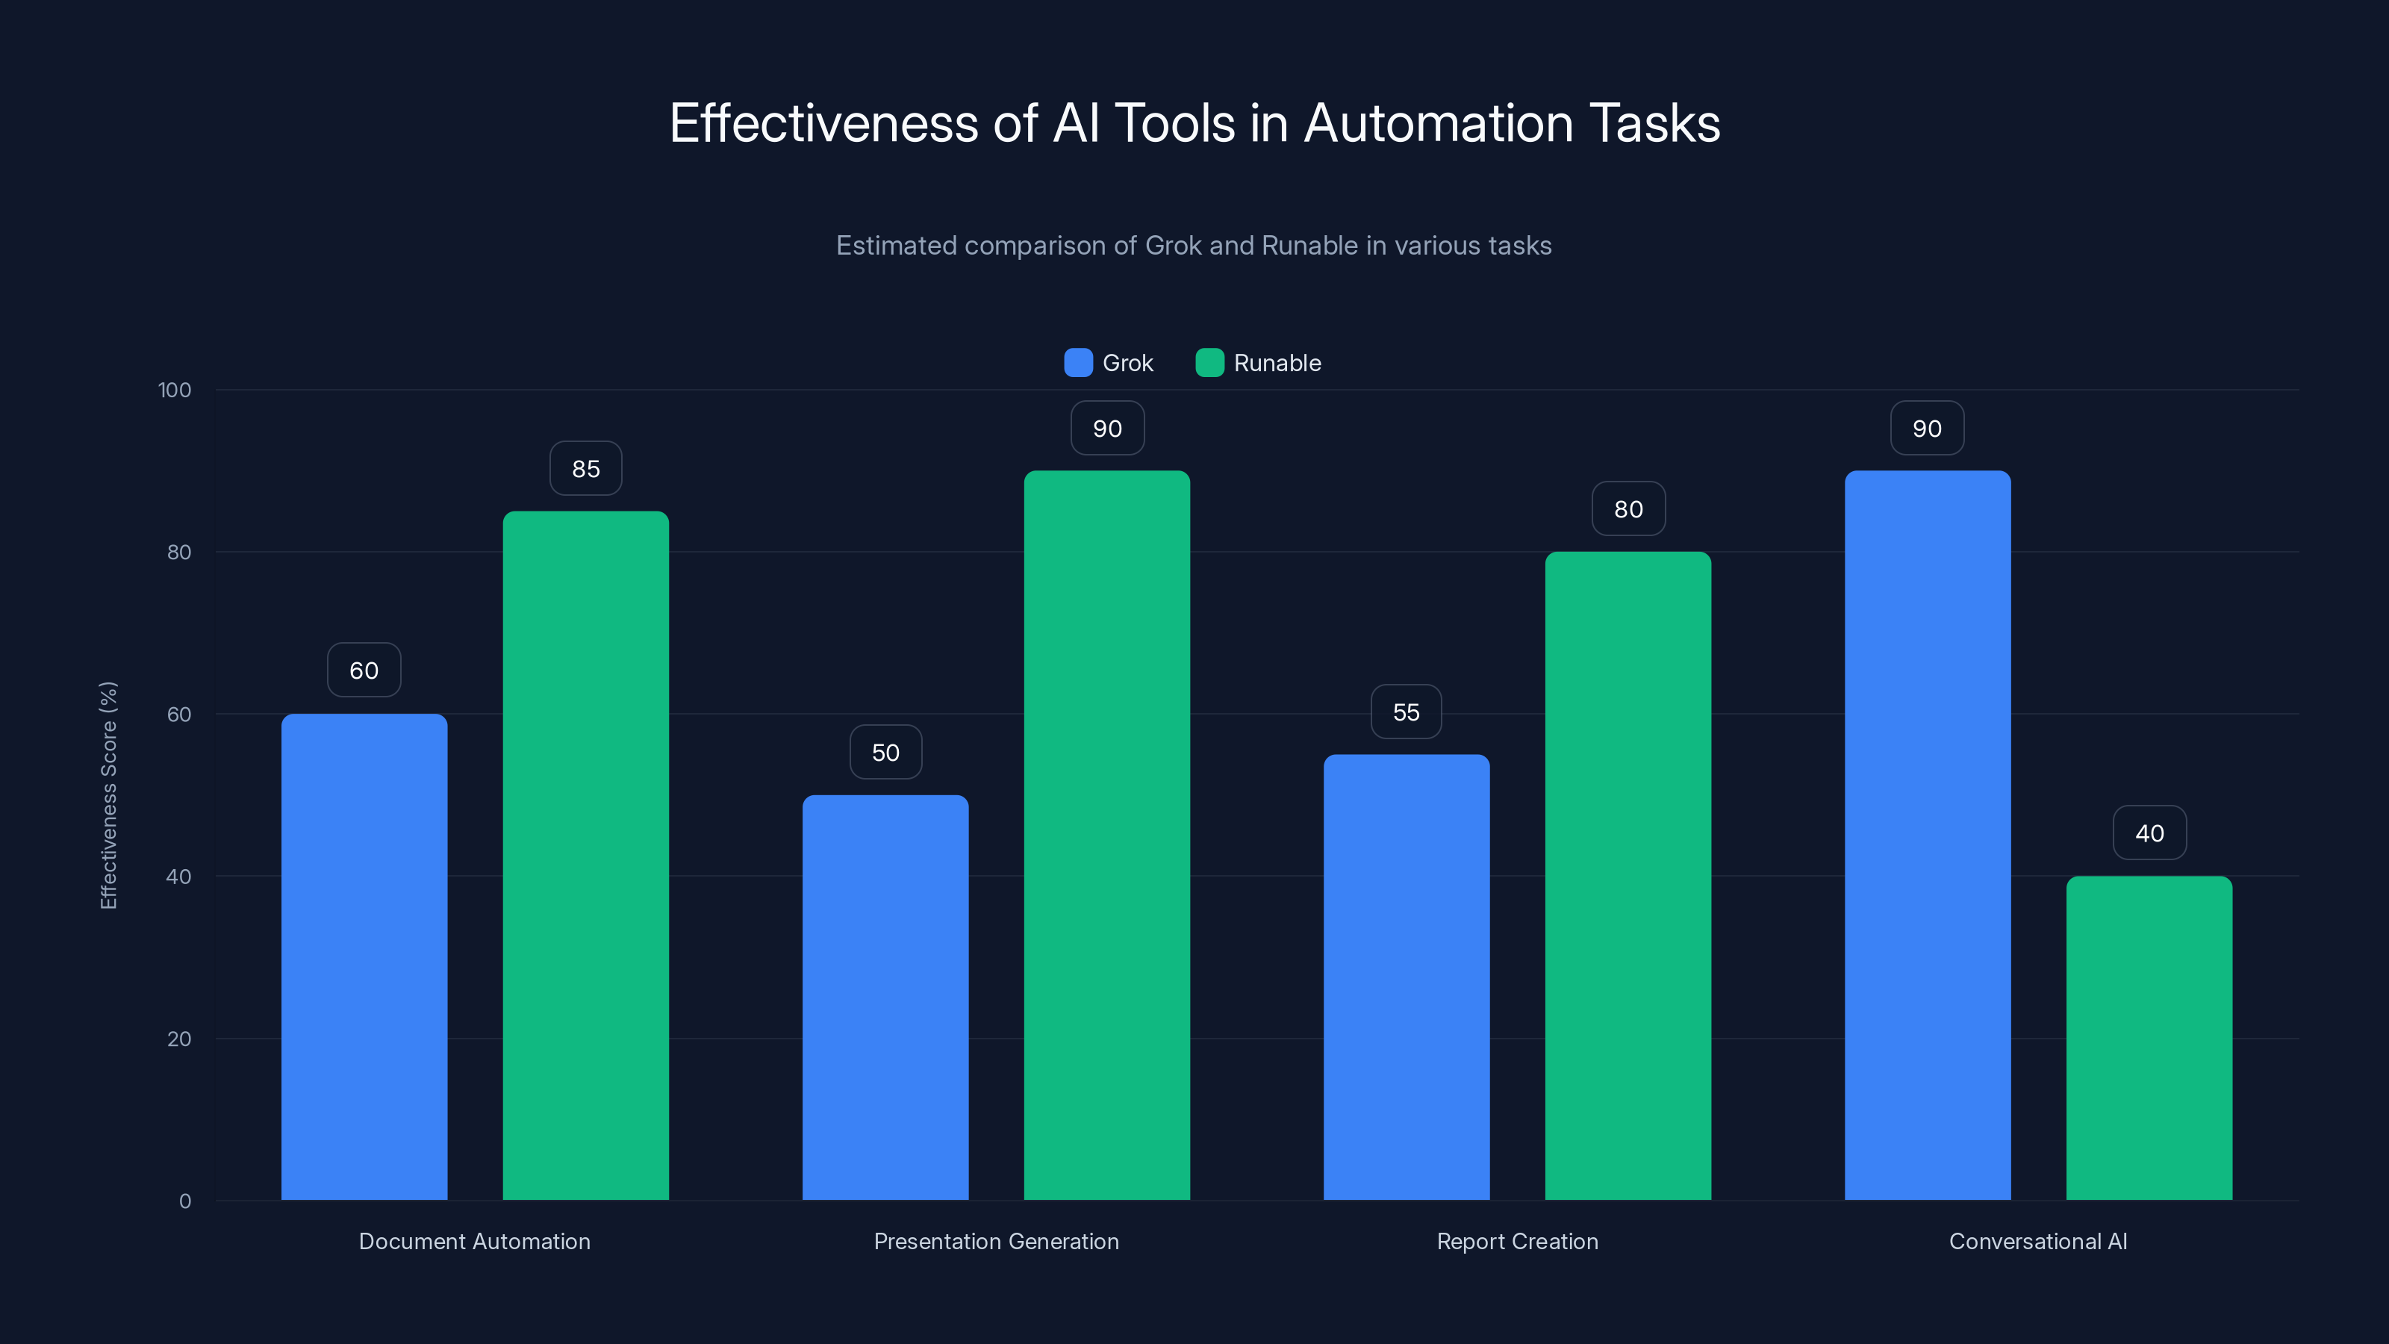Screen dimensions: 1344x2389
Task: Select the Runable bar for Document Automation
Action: (585, 854)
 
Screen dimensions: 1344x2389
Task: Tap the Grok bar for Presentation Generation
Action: (885, 996)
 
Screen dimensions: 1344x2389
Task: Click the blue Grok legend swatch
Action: (1077, 363)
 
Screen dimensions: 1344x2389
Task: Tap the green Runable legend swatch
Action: (1209, 363)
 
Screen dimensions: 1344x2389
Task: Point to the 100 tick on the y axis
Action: (175, 391)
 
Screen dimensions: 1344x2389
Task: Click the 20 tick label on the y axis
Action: (179, 1039)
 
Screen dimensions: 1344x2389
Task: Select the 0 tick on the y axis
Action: (184, 1201)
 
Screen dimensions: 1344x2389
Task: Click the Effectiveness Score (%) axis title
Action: (108, 795)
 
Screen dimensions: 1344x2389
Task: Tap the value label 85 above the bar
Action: (585, 468)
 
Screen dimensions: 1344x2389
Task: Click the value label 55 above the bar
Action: (1406, 712)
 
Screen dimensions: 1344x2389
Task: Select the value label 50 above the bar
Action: (885, 752)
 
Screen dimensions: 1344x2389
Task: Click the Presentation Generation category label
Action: (996, 1241)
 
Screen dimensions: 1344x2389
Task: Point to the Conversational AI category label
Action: (2037, 1241)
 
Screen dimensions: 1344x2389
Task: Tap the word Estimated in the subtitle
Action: (895, 246)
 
